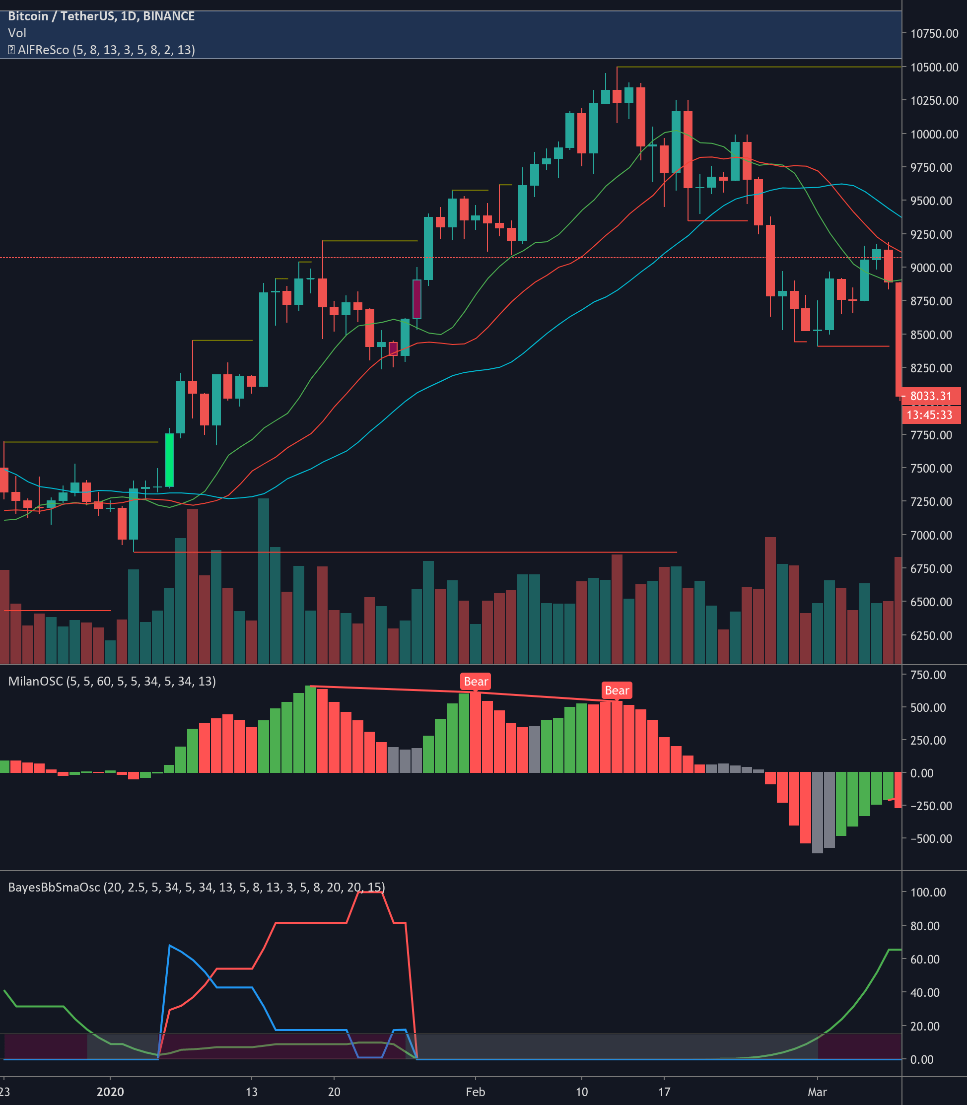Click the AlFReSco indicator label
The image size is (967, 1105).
(x=101, y=50)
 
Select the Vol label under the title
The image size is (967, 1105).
(x=17, y=33)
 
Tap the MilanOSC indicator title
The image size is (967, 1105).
(x=112, y=682)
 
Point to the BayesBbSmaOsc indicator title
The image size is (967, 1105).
(x=197, y=887)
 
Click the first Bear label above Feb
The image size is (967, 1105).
(x=476, y=682)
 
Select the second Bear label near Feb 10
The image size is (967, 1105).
(x=617, y=691)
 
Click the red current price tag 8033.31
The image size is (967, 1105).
(x=931, y=396)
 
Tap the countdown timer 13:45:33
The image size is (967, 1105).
(x=931, y=415)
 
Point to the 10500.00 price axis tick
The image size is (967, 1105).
(x=934, y=68)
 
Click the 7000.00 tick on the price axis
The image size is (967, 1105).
(x=934, y=535)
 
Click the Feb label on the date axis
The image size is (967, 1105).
(x=476, y=1092)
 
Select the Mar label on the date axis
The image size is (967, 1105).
(x=817, y=1092)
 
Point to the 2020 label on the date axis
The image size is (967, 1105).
(x=110, y=1092)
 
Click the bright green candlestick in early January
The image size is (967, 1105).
(x=169, y=460)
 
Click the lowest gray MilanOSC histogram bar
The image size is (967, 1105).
(x=818, y=813)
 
